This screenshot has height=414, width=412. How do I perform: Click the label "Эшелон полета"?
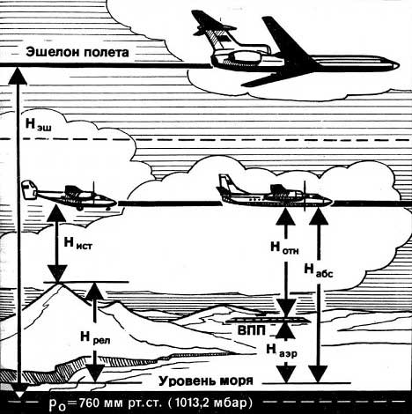pos(77,52)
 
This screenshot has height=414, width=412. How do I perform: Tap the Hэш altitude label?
pos(39,124)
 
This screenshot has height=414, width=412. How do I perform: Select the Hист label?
pos(77,244)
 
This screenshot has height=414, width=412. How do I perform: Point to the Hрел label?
pos(96,337)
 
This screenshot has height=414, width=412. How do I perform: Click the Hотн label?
pos(284,248)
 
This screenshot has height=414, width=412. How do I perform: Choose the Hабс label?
pos(319,270)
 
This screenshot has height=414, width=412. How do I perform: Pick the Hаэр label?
pos(282,351)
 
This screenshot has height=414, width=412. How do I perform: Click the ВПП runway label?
pos(252,330)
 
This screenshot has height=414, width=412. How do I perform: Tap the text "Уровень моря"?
pos(206,381)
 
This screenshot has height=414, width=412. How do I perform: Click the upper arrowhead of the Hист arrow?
pos(57,213)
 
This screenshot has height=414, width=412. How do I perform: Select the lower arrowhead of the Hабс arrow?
pos(319,374)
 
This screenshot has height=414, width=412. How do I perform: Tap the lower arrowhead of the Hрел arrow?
pos(95,373)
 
